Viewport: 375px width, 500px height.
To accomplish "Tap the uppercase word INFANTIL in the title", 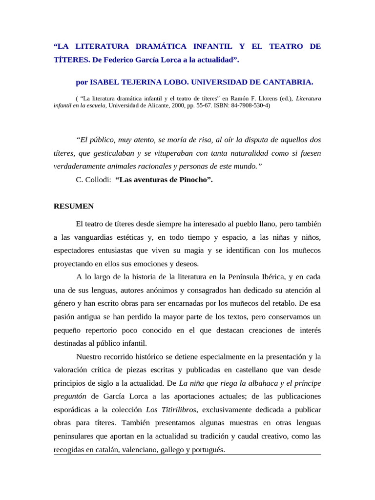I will (214, 46).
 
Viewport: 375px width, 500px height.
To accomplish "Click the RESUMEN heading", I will (73, 206).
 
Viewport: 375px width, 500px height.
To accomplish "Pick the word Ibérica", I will (271, 277).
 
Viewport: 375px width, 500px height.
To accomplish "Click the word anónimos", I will (158, 290).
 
